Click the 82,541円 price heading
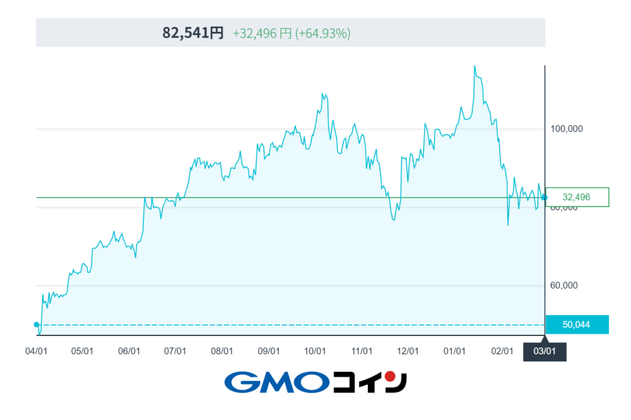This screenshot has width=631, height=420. [x=193, y=33]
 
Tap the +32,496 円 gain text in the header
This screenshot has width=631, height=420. [x=261, y=33]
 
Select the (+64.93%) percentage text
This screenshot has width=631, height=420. [x=323, y=33]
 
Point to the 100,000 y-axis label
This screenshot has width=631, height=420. [x=566, y=129]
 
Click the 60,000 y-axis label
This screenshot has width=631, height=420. [x=563, y=286]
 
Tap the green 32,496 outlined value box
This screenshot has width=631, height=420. [x=577, y=197]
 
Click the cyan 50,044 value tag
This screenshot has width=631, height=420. [x=577, y=325]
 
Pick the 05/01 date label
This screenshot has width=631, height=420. [x=82, y=351]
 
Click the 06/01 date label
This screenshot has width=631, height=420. [x=129, y=351]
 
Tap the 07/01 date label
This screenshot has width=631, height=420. [x=175, y=351]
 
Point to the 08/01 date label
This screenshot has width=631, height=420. [x=222, y=351]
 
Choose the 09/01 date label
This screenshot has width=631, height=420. [x=269, y=351]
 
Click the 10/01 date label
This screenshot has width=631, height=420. [x=315, y=351]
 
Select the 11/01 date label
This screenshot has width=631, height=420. [x=362, y=351]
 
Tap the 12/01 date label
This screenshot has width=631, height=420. [x=408, y=351]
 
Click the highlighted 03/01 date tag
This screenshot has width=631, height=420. [x=544, y=352]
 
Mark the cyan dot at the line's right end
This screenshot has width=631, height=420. [x=544, y=198]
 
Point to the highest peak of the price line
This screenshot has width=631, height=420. [x=474, y=66]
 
